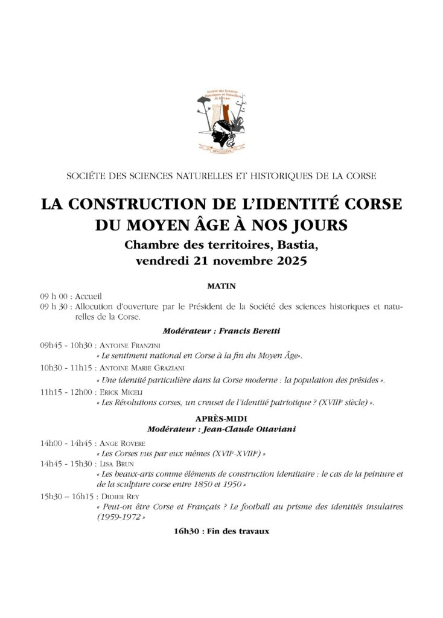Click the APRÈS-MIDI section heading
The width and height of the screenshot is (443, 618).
(x=221, y=418)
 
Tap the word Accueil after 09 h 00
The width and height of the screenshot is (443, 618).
(x=90, y=296)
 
